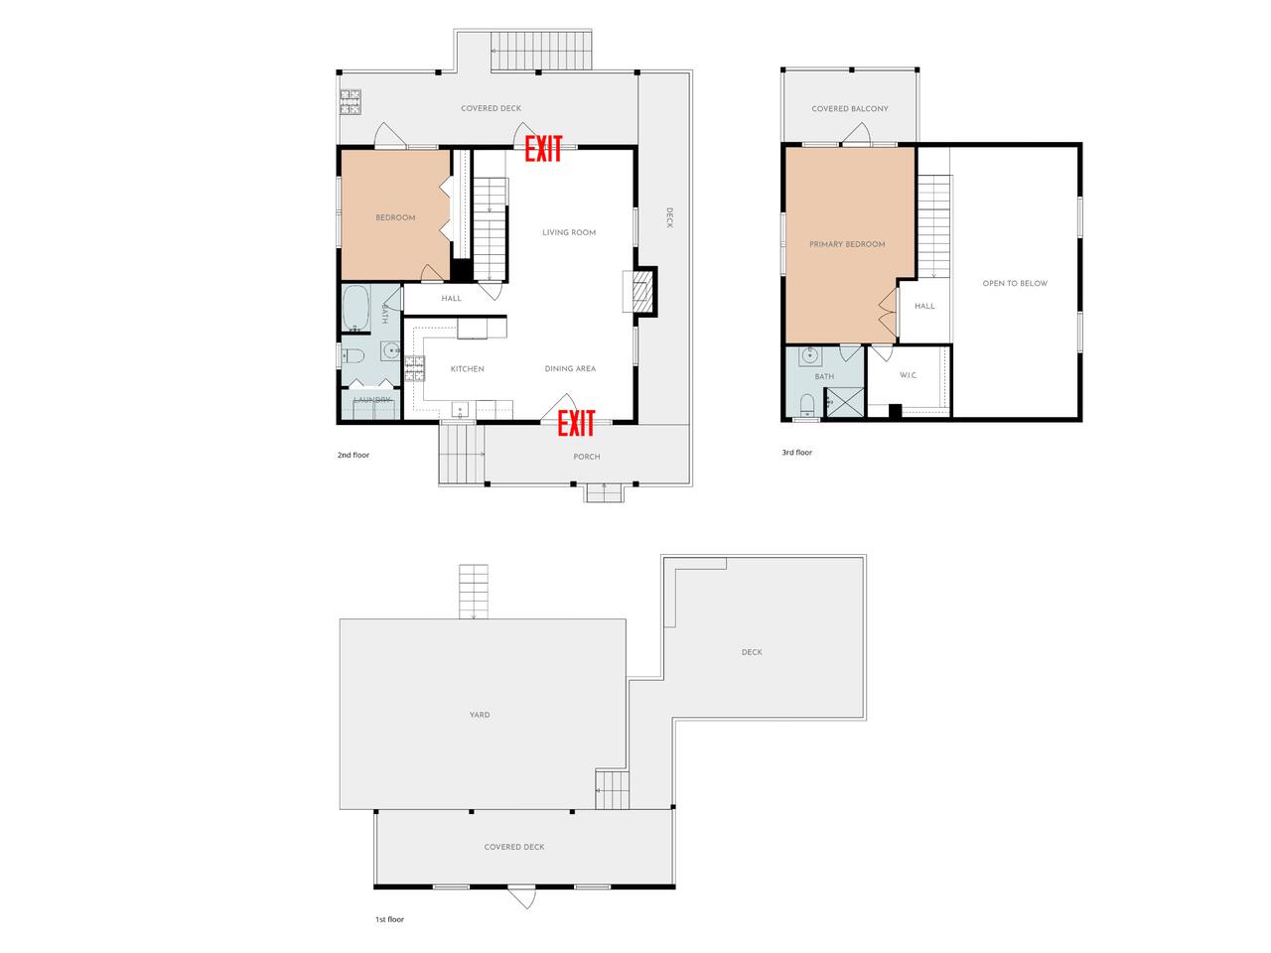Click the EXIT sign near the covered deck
[542, 149]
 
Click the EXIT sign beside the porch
[576, 423]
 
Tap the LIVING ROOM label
[569, 232]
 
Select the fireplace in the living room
[641, 292]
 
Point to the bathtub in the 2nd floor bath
[355, 308]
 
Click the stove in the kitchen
[414, 368]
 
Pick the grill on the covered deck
[351, 101]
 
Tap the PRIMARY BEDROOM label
[847, 244]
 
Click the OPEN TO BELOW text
[1015, 283]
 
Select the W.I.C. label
[908, 375]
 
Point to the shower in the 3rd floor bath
[844, 402]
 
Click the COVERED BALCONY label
[849, 108]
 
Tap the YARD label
[480, 715]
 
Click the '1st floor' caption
[389, 919]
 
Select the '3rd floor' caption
[796, 453]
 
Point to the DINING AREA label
[570, 368]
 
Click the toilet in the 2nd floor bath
[353, 355]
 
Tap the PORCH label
[586, 457]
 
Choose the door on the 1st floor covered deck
[522, 896]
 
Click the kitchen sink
[461, 409]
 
